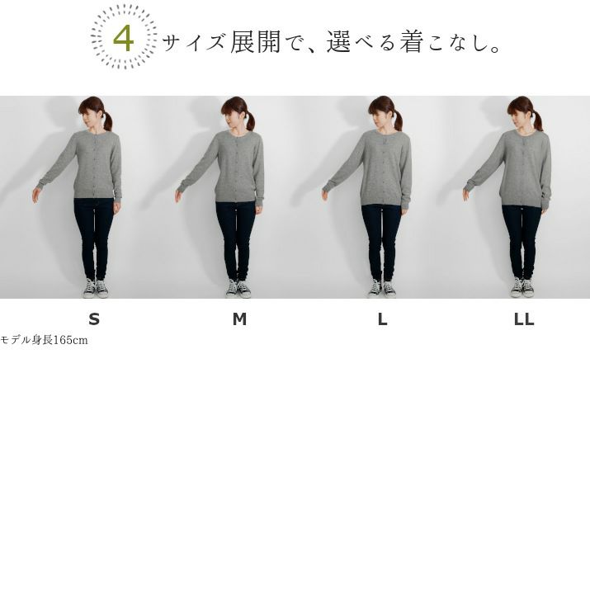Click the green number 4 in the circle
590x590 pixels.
124,39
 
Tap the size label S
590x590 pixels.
94,319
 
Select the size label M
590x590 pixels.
239,319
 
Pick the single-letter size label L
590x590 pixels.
382,319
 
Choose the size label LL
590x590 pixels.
524,319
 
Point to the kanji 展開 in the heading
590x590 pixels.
256,42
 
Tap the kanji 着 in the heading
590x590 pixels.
411,42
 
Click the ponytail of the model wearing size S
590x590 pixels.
107,120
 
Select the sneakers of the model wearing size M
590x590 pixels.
238,288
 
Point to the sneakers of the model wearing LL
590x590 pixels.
523,287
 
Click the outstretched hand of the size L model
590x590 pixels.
325,195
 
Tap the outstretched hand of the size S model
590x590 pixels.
35,196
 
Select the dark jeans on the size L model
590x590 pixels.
381,242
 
